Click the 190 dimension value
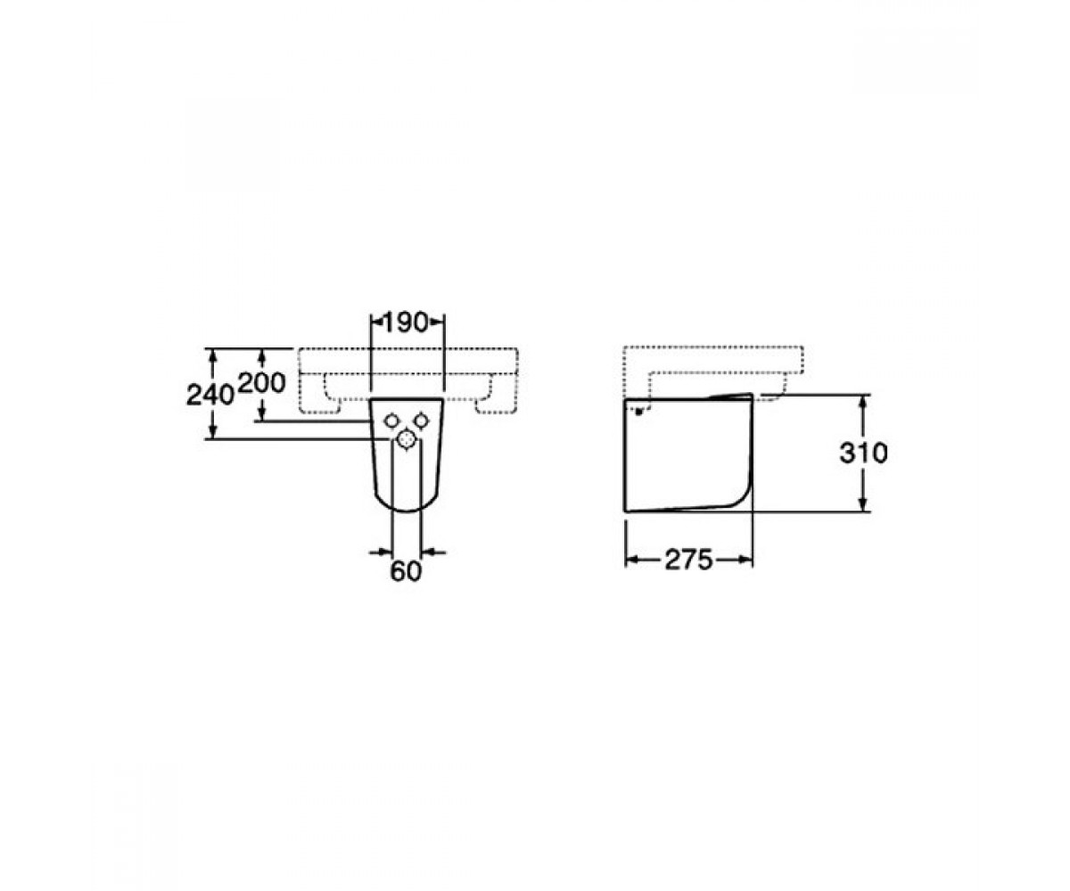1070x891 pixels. (x=405, y=323)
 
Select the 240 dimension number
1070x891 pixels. (x=210, y=396)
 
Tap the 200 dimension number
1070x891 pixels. (x=262, y=383)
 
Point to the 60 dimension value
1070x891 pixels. (x=406, y=572)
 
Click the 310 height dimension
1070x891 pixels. (x=863, y=454)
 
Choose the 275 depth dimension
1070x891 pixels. (x=688, y=560)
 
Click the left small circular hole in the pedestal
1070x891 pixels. (x=391, y=421)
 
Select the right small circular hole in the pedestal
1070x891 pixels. (x=421, y=421)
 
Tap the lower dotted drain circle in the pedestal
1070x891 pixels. (x=406, y=439)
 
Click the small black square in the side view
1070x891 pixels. (x=638, y=411)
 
